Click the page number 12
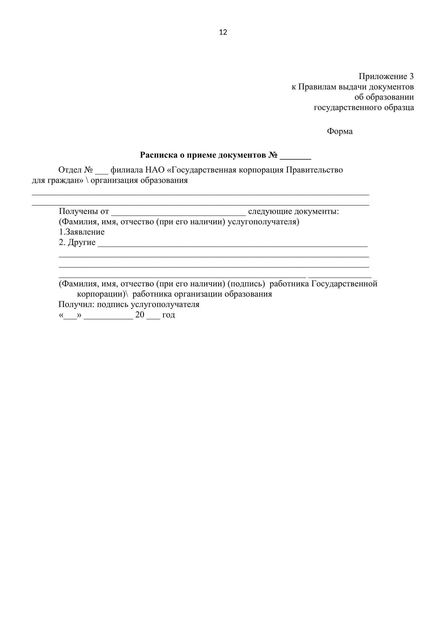click(x=223, y=32)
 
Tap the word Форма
click(x=339, y=131)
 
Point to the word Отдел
click(x=70, y=170)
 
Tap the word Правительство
click(x=314, y=170)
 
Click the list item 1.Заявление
click(x=82, y=232)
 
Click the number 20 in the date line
click(x=140, y=315)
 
